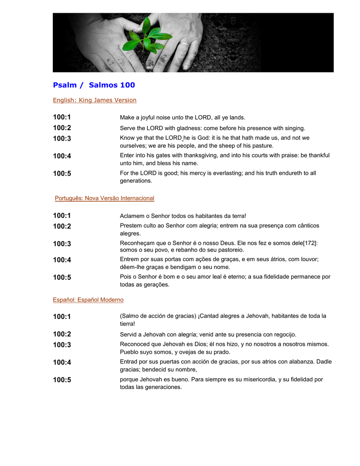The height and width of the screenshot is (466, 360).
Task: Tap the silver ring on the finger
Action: pyautogui.click(x=184, y=45)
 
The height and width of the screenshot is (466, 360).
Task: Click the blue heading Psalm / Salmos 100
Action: pyautogui.click(x=94, y=85)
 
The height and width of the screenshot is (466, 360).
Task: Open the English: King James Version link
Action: pyautogui.click(x=95, y=100)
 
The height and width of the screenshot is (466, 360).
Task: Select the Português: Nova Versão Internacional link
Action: pyautogui.click(x=105, y=198)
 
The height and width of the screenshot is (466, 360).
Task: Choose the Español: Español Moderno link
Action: pyautogui.click(x=88, y=300)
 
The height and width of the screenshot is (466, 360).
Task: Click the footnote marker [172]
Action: pyautogui.click(x=309, y=243)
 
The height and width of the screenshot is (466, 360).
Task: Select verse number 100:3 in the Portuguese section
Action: pyautogui.click(x=62, y=244)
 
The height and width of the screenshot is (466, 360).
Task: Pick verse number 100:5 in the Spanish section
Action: pyautogui.click(x=62, y=380)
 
